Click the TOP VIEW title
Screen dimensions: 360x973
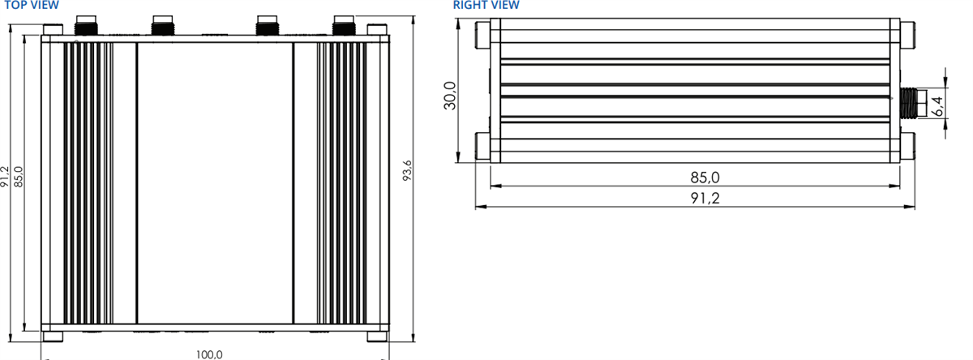31,6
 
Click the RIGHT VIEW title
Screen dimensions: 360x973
486,6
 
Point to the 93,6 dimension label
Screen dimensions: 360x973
408,170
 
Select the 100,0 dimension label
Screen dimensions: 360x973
209,354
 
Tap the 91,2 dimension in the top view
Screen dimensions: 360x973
6,177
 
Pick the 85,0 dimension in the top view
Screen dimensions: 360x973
19,177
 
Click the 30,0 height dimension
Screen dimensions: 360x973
452,95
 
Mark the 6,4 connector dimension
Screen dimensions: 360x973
938,105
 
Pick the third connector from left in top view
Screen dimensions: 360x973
268,26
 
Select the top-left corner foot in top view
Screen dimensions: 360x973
52,30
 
